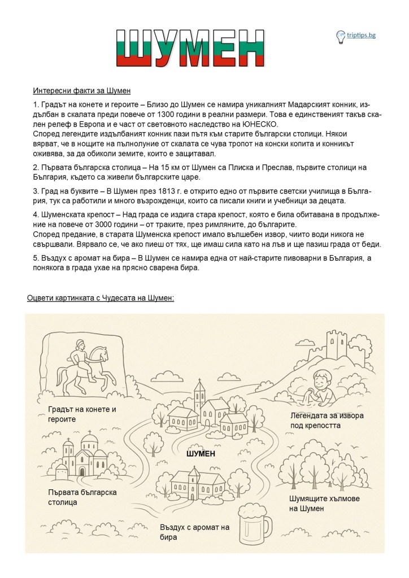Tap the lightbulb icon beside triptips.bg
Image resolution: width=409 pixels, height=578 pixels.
(341, 36)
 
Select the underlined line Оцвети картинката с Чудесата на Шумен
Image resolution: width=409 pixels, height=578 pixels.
(101, 297)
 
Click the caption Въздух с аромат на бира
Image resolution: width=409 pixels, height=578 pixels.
(194, 532)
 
